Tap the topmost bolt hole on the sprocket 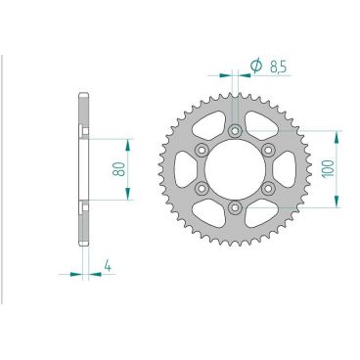point(234,131)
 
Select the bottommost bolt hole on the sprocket point(234,206)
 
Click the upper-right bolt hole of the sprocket point(266,150)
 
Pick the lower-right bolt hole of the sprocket point(266,188)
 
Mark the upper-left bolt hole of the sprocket point(202,150)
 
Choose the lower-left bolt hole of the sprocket point(202,188)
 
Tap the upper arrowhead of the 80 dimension point(126,139)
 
